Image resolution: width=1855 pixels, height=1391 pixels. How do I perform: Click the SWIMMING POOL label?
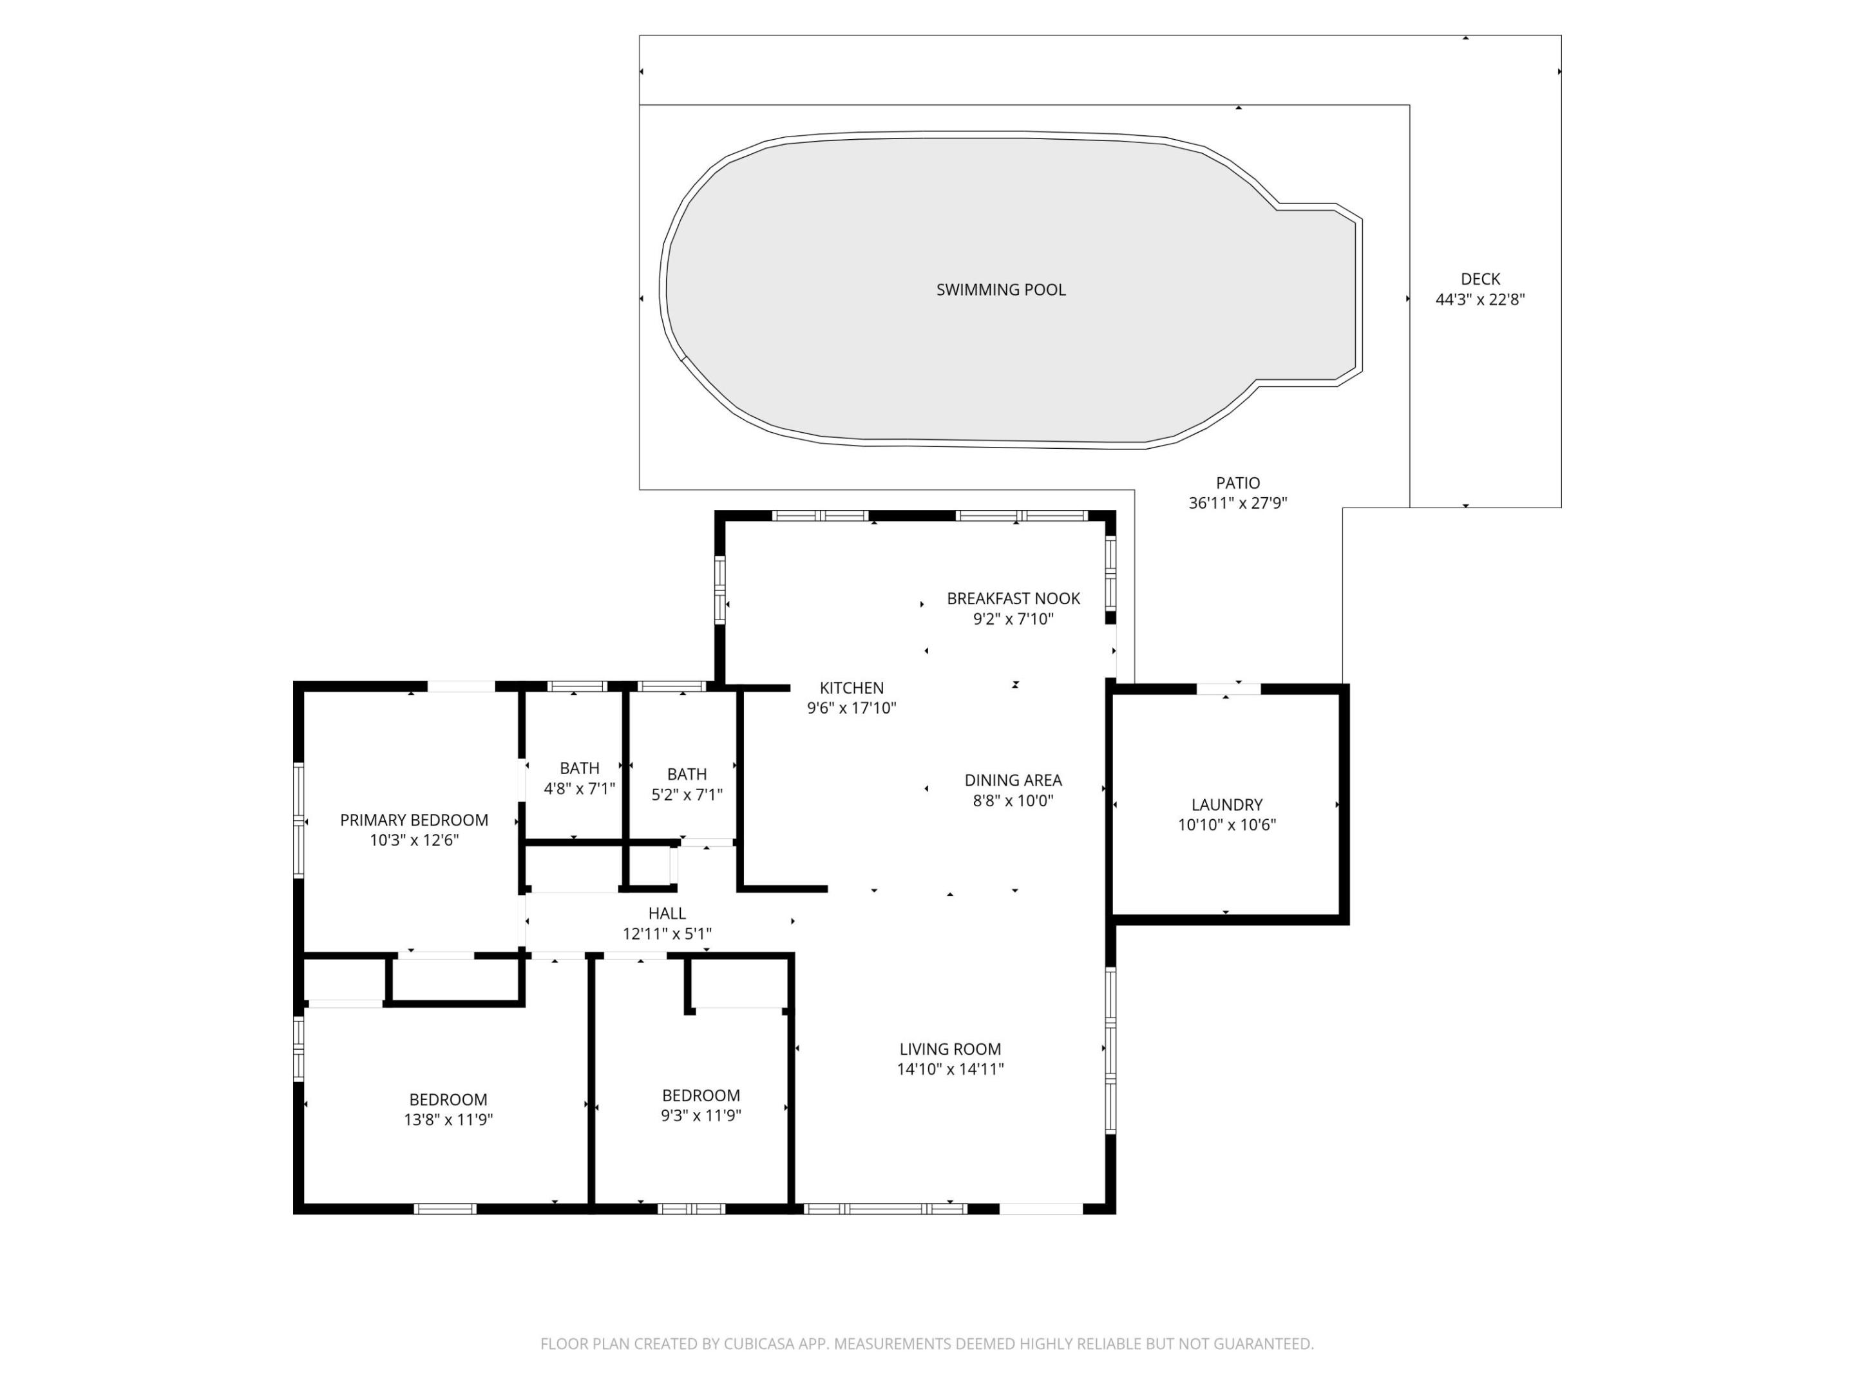(x=1000, y=290)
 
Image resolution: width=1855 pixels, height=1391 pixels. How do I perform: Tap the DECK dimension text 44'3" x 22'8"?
(x=1479, y=300)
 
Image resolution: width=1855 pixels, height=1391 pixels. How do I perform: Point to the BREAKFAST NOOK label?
(x=1013, y=599)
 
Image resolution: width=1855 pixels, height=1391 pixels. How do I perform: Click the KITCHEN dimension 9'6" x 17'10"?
(x=851, y=708)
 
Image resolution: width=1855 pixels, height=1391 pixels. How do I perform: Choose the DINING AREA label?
(x=1013, y=781)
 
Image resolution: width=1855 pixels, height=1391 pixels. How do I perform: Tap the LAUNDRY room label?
(x=1226, y=805)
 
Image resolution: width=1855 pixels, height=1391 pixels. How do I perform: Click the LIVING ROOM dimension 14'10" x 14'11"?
(x=949, y=1070)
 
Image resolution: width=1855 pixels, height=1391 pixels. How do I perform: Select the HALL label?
(x=667, y=914)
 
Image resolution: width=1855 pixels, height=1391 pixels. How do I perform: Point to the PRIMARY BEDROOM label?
(x=414, y=820)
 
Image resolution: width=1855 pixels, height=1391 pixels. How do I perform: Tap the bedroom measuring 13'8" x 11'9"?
(x=448, y=1110)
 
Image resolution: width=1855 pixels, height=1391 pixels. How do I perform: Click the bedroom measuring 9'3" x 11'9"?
(x=700, y=1105)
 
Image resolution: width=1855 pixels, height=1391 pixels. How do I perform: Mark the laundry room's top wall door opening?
(x=1228, y=689)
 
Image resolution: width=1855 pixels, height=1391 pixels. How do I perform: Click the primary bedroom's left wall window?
(x=299, y=820)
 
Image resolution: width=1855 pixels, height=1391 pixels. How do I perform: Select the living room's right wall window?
(x=1110, y=1052)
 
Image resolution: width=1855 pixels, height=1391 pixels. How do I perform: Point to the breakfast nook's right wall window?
(x=1110, y=574)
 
